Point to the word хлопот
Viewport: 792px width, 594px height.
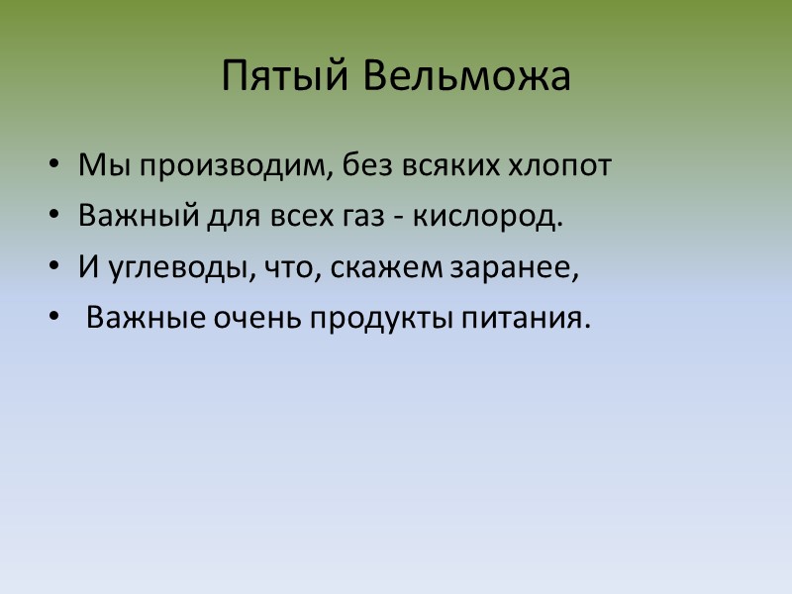[564, 165]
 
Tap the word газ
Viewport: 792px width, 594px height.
[358, 217]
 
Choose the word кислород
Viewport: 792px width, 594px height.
[487, 217]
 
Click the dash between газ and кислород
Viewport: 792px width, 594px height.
[397, 219]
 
